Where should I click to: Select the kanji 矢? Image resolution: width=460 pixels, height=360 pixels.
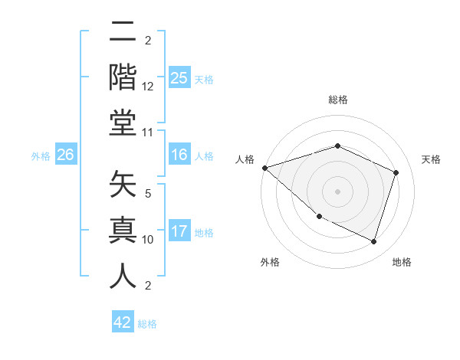pos(123,184)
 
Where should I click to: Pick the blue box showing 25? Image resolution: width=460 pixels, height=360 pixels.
pos(179,79)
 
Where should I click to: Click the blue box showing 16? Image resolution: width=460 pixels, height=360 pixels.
pos(179,155)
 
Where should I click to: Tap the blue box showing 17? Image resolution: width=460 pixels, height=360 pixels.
pos(179,232)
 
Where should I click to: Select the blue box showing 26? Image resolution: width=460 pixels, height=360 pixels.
pos(66,155)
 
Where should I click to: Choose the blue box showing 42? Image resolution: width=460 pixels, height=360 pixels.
pos(123,322)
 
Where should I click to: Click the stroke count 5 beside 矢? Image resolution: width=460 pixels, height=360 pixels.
pos(147,195)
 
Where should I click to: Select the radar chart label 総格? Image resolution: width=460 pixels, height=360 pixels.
pos(337,100)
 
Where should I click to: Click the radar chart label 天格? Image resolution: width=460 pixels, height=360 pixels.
pos(431,159)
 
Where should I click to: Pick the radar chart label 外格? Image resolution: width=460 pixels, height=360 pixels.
pos(269,262)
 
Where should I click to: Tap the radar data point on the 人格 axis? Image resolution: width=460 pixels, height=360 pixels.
pos(264,168)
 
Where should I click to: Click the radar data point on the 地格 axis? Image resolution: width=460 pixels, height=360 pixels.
pos(373,242)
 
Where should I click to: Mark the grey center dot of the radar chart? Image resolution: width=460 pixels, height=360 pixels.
pos(337,191)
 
